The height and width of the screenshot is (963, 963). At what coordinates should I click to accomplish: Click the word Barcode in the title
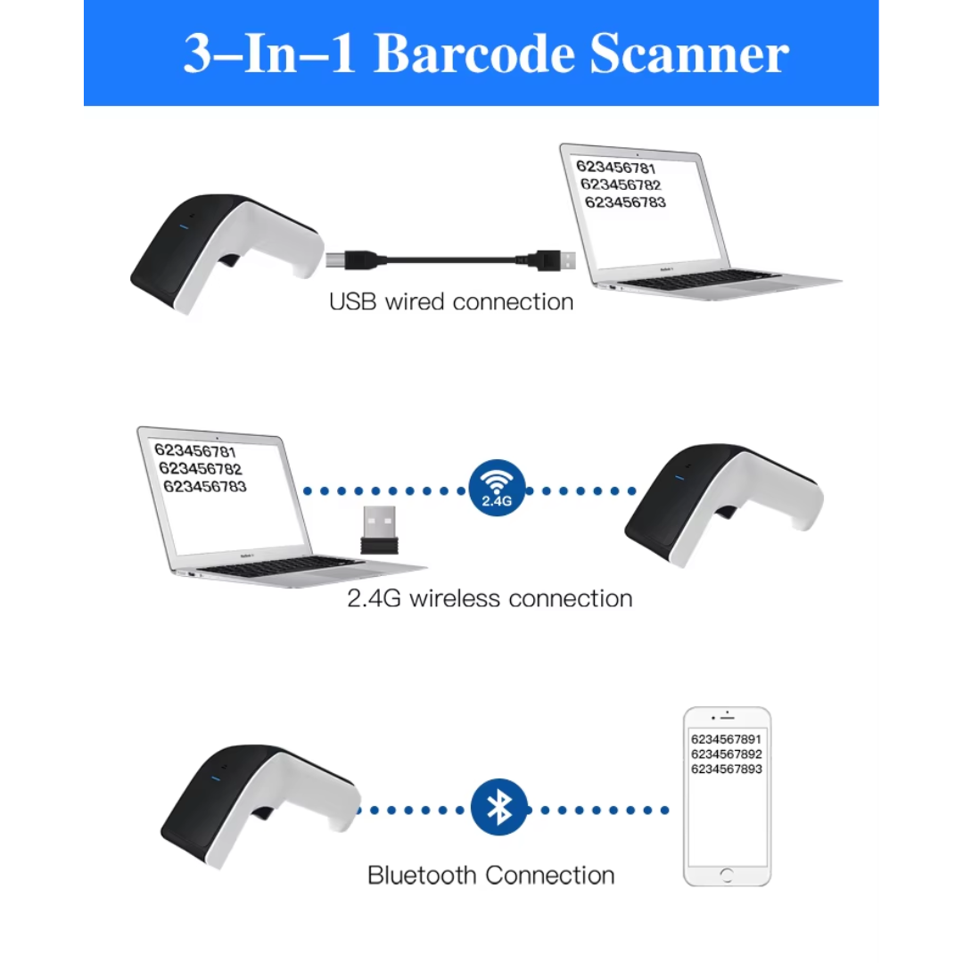(x=473, y=54)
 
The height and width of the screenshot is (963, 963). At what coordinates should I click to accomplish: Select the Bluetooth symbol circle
(x=499, y=807)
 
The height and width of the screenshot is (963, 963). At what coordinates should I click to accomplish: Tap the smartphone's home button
(x=727, y=874)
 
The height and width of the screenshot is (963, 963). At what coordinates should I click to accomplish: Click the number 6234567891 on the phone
(x=726, y=739)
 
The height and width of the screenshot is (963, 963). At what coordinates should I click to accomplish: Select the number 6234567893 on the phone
(x=726, y=769)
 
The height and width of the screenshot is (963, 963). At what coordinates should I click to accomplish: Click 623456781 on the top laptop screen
(x=615, y=168)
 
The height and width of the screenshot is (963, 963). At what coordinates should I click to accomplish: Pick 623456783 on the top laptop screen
(x=625, y=202)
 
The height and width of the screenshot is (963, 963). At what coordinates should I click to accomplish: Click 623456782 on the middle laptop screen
(x=200, y=469)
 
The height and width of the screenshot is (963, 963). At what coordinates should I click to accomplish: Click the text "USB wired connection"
(x=450, y=301)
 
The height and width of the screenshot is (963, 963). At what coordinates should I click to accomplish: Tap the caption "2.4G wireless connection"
(x=490, y=597)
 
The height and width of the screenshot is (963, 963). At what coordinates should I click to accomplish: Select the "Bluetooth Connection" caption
(x=490, y=875)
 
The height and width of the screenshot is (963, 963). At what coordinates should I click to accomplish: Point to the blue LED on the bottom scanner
(x=213, y=781)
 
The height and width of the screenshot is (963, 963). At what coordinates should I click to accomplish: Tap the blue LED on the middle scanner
(x=678, y=475)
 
